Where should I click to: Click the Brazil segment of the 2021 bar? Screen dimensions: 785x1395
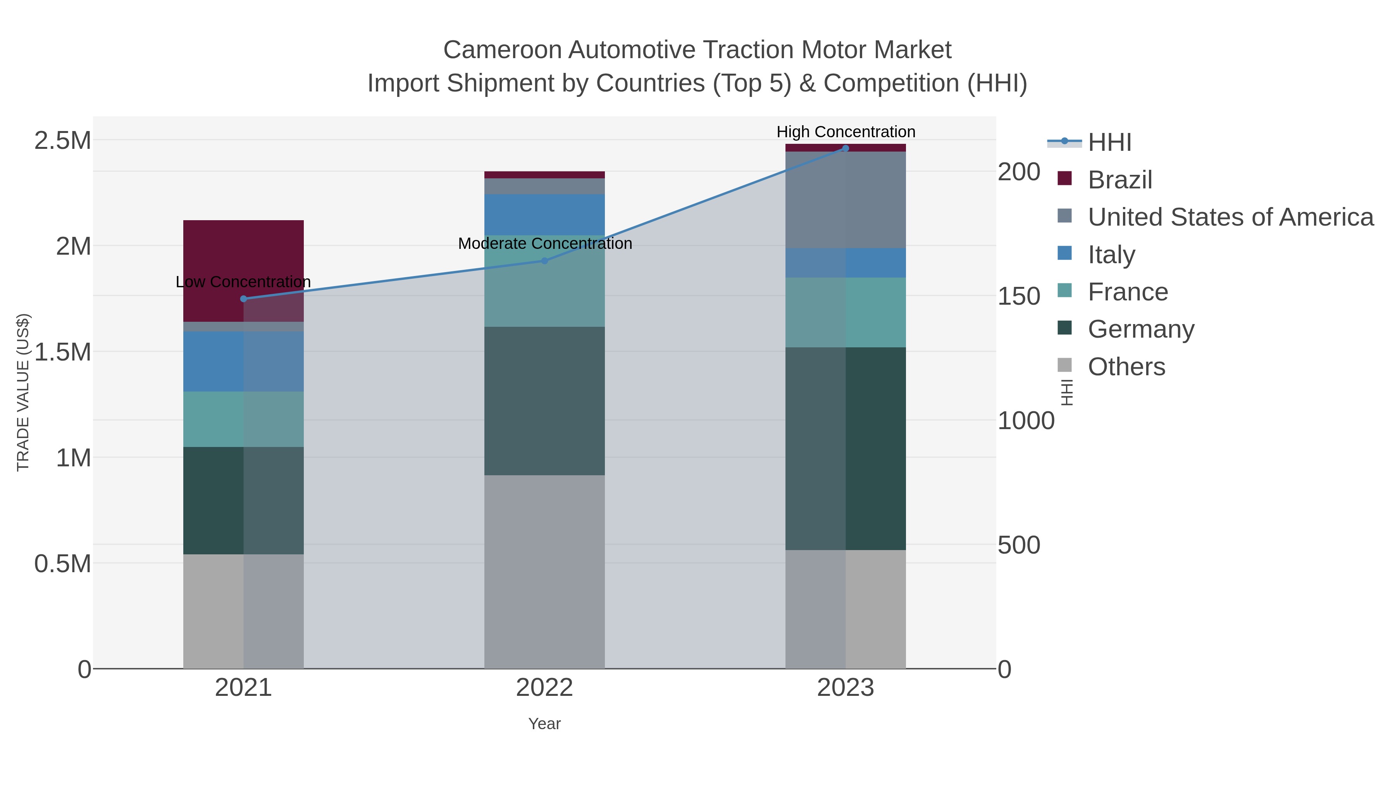point(243,260)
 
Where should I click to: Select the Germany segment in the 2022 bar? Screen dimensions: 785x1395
point(544,401)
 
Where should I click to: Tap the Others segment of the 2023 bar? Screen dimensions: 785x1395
point(846,609)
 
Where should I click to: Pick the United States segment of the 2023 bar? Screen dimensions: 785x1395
point(846,200)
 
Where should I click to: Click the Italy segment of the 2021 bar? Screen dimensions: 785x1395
point(243,361)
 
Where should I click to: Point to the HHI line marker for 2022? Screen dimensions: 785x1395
point(545,261)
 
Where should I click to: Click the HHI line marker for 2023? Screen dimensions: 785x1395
point(846,148)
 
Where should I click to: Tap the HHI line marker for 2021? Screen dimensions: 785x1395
point(243,298)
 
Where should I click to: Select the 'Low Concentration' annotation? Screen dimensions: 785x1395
point(243,282)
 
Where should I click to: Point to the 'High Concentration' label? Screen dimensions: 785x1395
point(846,132)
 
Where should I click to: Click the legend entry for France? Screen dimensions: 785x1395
point(1128,292)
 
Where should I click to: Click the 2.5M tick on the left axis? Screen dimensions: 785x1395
point(62,141)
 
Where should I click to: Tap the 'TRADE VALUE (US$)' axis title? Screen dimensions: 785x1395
point(23,392)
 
